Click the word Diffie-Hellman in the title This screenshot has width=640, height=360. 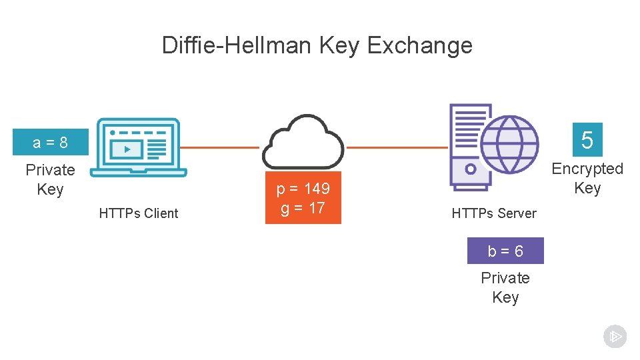pyautogui.click(x=237, y=45)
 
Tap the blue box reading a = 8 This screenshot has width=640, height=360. pyautogui.click(x=51, y=142)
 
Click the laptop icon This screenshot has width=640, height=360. pyautogui.click(x=139, y=147)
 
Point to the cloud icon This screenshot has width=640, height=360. pyautogui.click(x=303, y=141)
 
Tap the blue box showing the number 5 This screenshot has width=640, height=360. pyautogui.click(x=587, y=140)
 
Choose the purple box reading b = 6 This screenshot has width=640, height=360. pyautogui.click(x=505, y=251)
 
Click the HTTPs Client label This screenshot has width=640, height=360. pyautogui.click(x=139, y=213)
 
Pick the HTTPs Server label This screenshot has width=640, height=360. pyautogui.click(x=494, y=213)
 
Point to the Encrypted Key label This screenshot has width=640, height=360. pyautogui.click(x=587, y=179)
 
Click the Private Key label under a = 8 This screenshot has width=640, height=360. pyautogui.click(x=50, y=179)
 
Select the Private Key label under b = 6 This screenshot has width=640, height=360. pyautogui.click(x=505, y=287)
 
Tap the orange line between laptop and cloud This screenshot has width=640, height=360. pyautogui.click(x=220, y=147)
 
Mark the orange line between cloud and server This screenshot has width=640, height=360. pyautogui.click(x=397, y=147)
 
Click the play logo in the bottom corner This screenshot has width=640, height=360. pyautogui.click(x=615, y=336)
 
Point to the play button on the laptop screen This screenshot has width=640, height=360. pyautogui.click(x=127, y=149)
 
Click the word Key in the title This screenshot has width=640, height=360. pyautogui.click(x=339, y=45)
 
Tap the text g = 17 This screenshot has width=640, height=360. pyautogui.click(x=303, y=208)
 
